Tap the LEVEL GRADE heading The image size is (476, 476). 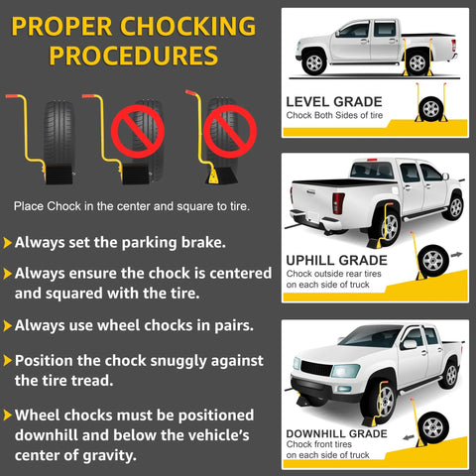click(332, 101)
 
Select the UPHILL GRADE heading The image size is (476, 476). click(336, 261)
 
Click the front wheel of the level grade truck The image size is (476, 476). click(315, 61)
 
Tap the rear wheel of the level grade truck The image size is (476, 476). click(417, 62)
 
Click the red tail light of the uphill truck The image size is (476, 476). click(338, 204)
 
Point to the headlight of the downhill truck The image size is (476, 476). click(344, 371)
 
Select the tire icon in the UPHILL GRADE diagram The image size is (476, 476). click(432, 262)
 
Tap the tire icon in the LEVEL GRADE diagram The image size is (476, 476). click(433, 109)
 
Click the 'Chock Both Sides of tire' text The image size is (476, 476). click(333, 116)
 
